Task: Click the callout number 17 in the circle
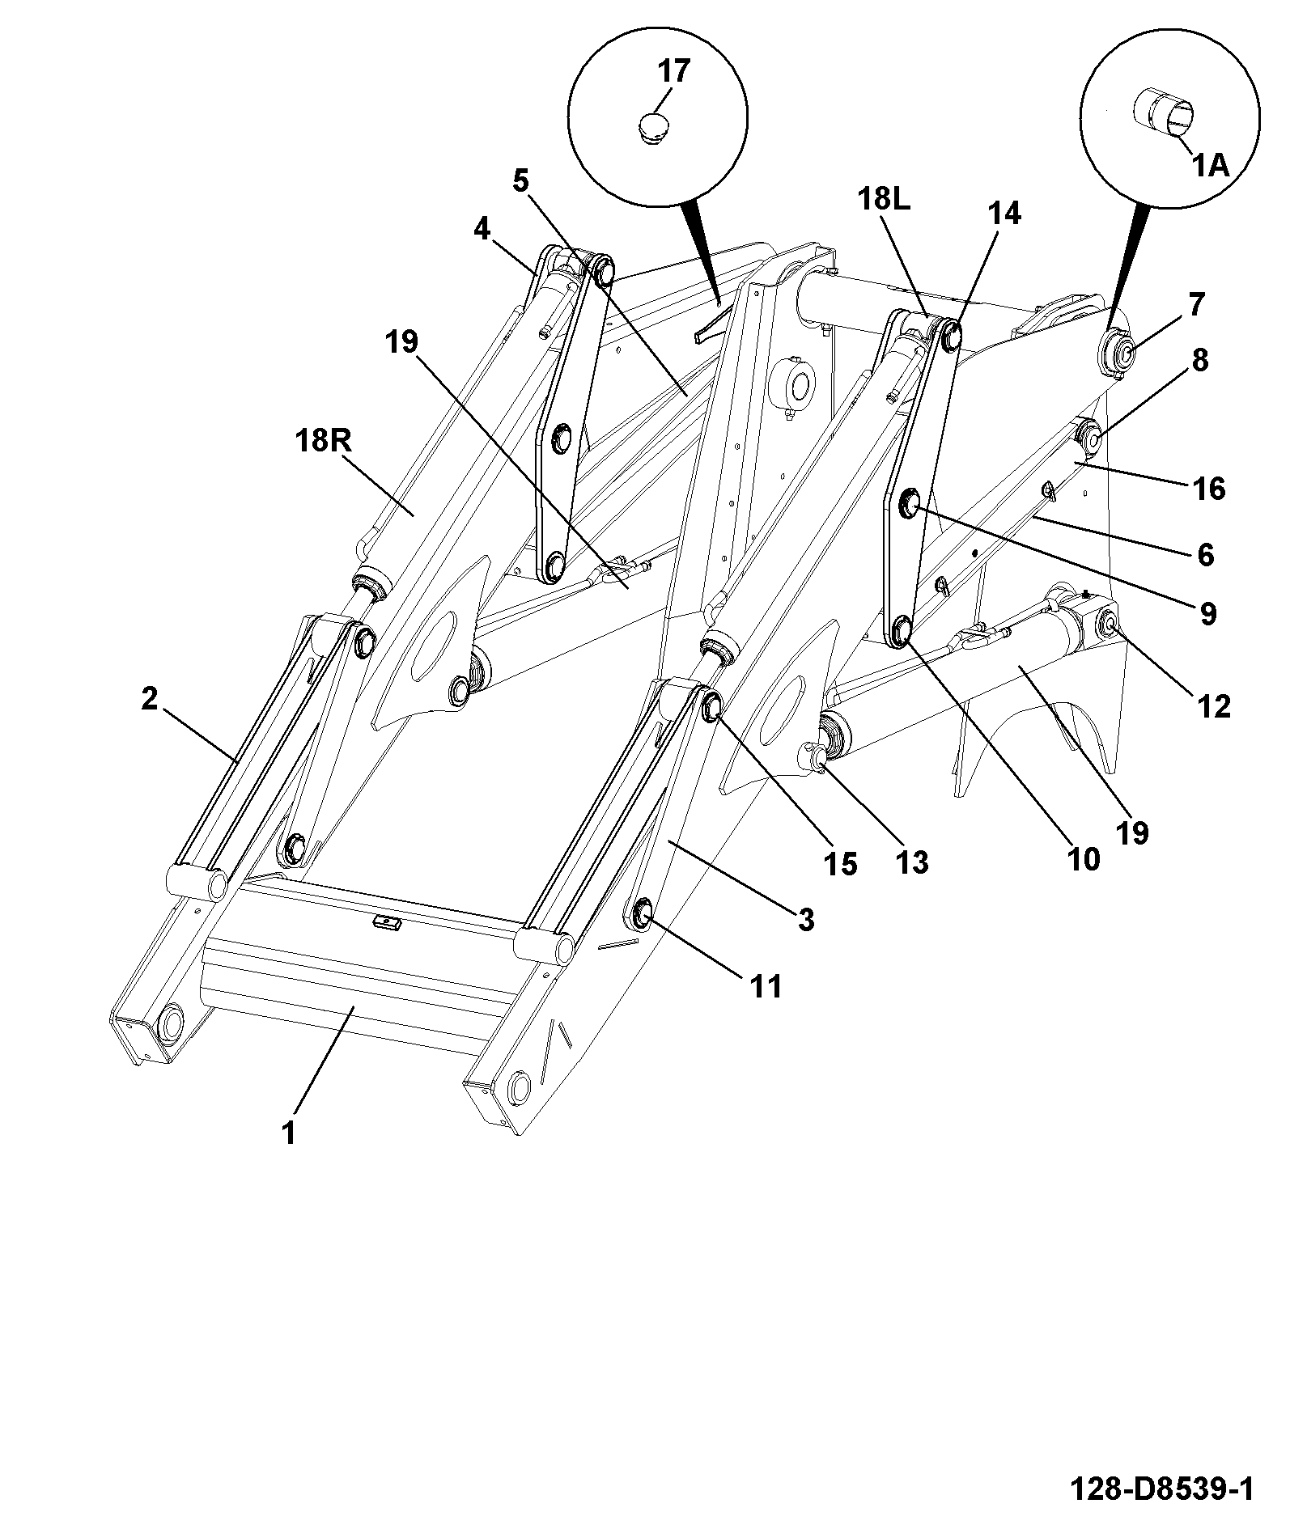click(673, 71)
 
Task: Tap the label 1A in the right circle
click(1209, 166)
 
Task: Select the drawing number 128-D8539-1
click(1161, 1488)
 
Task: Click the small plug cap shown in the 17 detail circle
click(654, 128)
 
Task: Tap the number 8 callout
click(1199, 360)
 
